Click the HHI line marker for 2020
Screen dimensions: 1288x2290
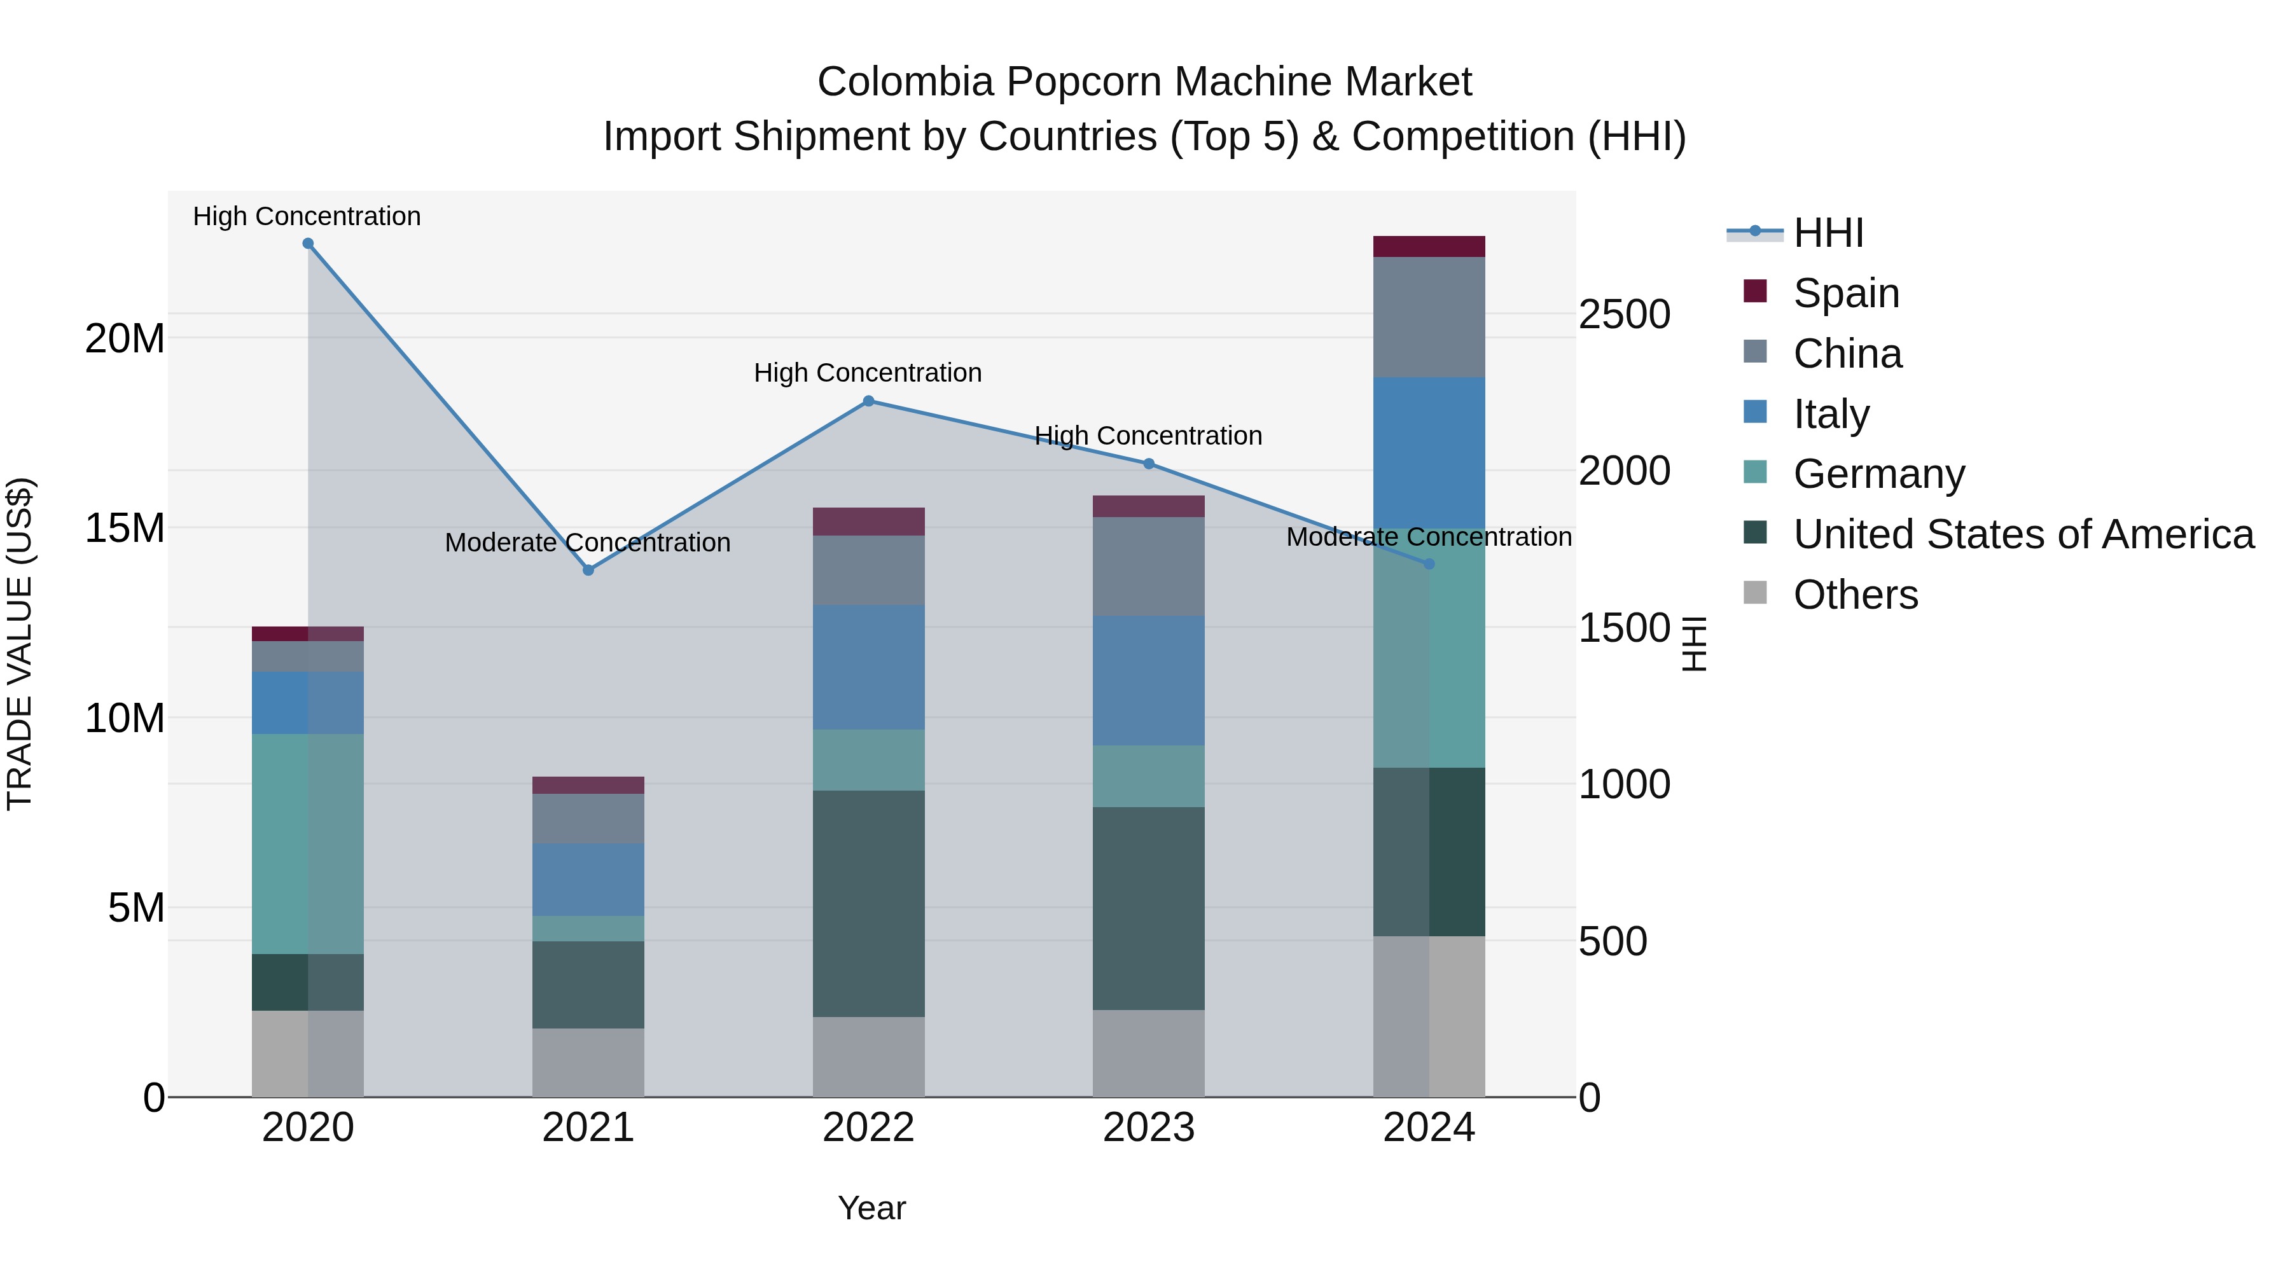[x=308, y=244]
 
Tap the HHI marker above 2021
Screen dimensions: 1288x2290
[x=588, y=570]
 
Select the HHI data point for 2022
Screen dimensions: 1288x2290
[x=868, y=401]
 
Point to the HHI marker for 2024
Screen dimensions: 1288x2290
[x=1429, y=564]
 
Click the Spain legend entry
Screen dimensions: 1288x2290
[x=1845, y=293]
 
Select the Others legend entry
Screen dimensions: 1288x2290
[x=1856, y=595]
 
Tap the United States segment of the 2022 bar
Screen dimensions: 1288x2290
[x=868, y=903]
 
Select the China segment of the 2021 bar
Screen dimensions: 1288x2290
[x=588, y=818]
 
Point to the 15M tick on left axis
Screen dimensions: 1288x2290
[x=125, y=528]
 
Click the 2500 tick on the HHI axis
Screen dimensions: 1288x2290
[x=1624, y=315]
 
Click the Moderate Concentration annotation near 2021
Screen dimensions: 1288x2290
[x=588, y=542]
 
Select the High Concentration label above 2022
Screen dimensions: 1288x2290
[x=868, y=373]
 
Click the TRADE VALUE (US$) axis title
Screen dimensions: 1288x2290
[x=20, y=644]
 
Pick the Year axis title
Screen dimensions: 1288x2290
[x=871, y=1208]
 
